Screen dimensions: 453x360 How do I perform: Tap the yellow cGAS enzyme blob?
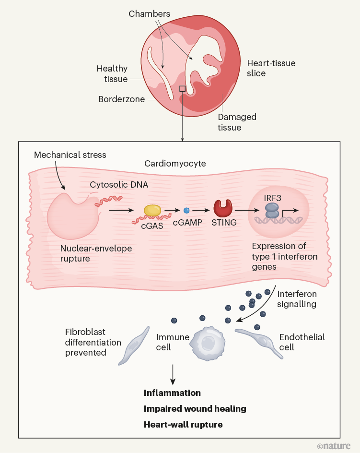click(x=153, y=210)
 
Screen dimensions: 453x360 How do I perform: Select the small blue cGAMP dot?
click(x=186, y=210)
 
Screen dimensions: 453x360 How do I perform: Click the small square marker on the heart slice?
click(x=182, y=89)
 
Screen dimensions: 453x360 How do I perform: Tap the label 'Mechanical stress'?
click(x=70, y=155)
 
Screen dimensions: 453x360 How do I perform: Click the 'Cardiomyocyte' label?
click(x=175, y=164)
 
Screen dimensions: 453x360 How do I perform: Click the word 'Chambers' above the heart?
click(x=149, y=14)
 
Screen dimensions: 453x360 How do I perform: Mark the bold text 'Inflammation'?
click(x=172, y=393)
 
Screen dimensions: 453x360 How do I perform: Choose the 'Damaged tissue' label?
click(x=237, y=122)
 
